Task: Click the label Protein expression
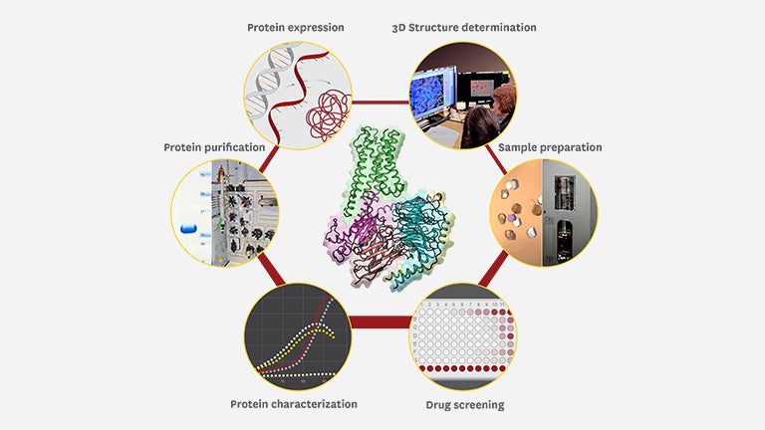coord(296,28)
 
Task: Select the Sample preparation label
coord(550,147)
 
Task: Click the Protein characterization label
coord(294,404)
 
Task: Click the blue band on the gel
coord(187,228)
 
